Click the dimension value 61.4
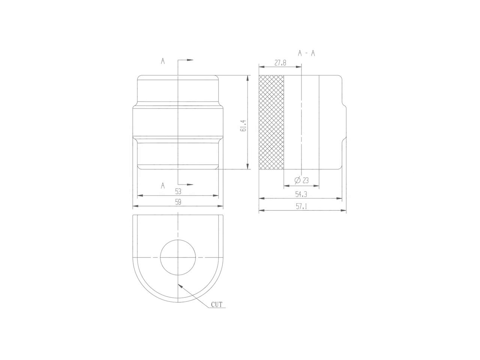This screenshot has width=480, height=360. click(x=243, y=125)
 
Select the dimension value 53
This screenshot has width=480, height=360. click(x=178, y=191)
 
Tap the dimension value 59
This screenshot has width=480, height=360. click(x=178, y=202)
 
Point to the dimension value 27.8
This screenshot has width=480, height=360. click(x=280, y=63)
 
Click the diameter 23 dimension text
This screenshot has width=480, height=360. click(x=302, y=181)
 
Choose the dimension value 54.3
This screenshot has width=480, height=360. click(x=301, y=194)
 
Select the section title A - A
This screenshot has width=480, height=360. click(x=306, y=53)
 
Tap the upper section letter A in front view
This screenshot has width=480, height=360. click(x=163, y=61)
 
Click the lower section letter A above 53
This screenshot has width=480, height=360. click(x=163, y=185)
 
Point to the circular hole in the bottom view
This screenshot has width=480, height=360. click(x=178, y=257)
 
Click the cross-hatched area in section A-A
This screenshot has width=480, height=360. click(x=271, y=122)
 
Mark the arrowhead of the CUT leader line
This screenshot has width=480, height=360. click(x=180, y=285)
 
